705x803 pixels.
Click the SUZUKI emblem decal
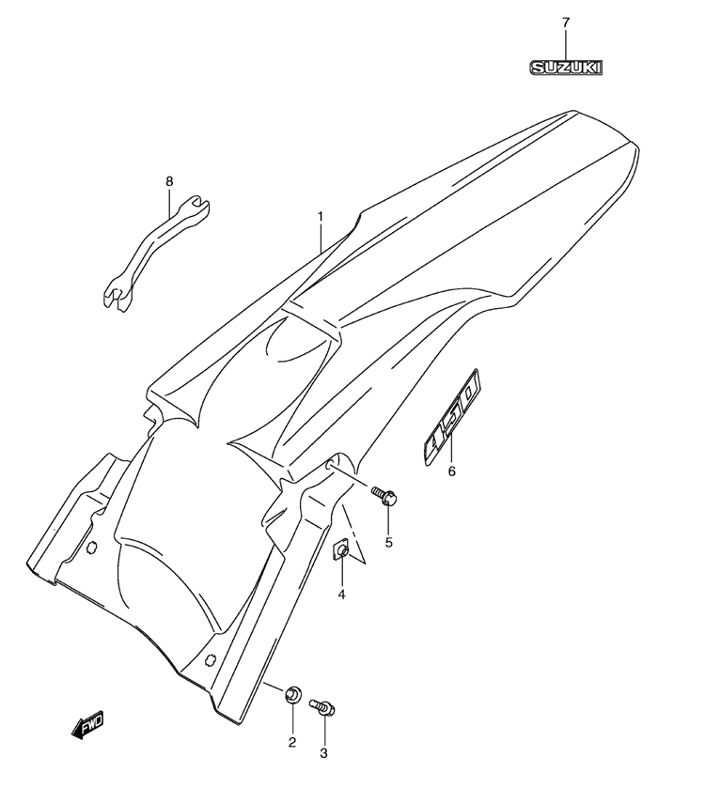566,68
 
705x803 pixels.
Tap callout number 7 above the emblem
566,23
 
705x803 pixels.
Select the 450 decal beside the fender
452,418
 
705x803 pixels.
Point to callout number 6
452,471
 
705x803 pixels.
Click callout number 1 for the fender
321,217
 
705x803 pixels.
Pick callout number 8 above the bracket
169,181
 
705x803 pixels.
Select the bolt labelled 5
385,496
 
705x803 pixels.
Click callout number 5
388,542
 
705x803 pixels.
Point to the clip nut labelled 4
342,550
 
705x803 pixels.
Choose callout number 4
341,595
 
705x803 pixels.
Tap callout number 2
292,742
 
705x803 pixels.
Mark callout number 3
323,753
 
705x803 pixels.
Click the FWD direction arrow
87,725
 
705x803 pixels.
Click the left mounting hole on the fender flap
92,548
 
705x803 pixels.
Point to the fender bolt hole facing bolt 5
331,466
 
